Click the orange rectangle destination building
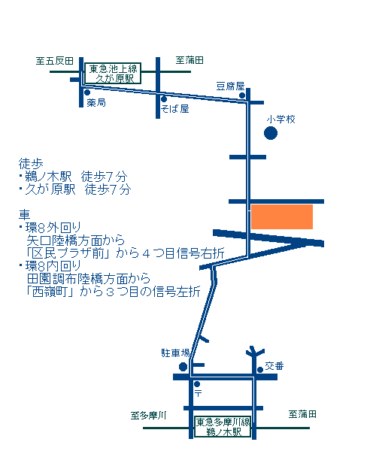click(x=282, y=217)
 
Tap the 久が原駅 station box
click(x=113, y=74)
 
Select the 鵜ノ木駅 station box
click(x=223, y=427)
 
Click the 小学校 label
click(x=280, y=120)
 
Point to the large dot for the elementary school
click(x=271, y=133)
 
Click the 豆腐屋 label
click(x=230, y=86)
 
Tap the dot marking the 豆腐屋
click(x=242, y=95)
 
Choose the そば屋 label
click(x=175, y=109)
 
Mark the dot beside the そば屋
click(x=164, y=99)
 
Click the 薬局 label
click(x=96, y=102)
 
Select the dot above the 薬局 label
click(x=87, y=92)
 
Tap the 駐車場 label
click(x=175, y=353)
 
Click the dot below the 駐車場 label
click(x=183, y=367)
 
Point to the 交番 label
click(x=274, y=366)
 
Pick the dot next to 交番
click(x=260, y=370)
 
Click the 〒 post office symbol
click(x=198, y=393)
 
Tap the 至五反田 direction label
click(x=55, y=61)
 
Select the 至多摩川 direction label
click(x=148, y=416)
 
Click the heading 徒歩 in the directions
click(x=31, y=164)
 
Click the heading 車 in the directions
click(x=25, y=214)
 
